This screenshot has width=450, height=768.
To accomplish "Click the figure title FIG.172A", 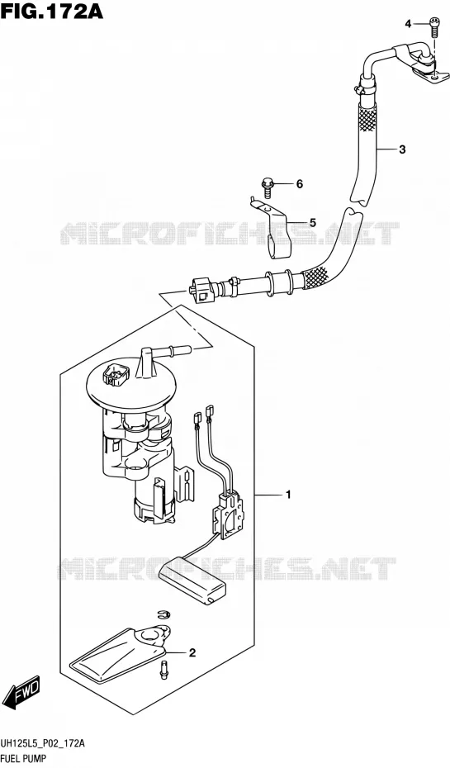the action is point(52,11).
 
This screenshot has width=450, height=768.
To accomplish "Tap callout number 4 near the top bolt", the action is point(408,23).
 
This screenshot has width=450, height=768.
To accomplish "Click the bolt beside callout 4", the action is point(433,26).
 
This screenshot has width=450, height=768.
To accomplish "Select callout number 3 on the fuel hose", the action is point(402,149).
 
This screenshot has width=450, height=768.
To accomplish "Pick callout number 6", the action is point(299,184).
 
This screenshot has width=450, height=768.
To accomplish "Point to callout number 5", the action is point(312,223).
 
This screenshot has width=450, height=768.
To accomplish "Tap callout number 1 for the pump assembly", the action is point(289,495).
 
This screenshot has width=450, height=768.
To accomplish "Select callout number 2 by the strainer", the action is point(192,652).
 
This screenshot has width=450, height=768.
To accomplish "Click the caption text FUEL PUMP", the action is point(23,760).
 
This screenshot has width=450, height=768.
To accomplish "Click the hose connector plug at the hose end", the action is point(200,289).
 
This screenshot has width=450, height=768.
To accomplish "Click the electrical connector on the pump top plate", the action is point(115,375).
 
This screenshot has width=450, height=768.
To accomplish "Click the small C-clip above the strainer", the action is point(163,614).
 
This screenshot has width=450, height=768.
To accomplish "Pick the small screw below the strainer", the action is point(163,670).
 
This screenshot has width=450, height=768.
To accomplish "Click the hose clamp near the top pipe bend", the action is point(362,88).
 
